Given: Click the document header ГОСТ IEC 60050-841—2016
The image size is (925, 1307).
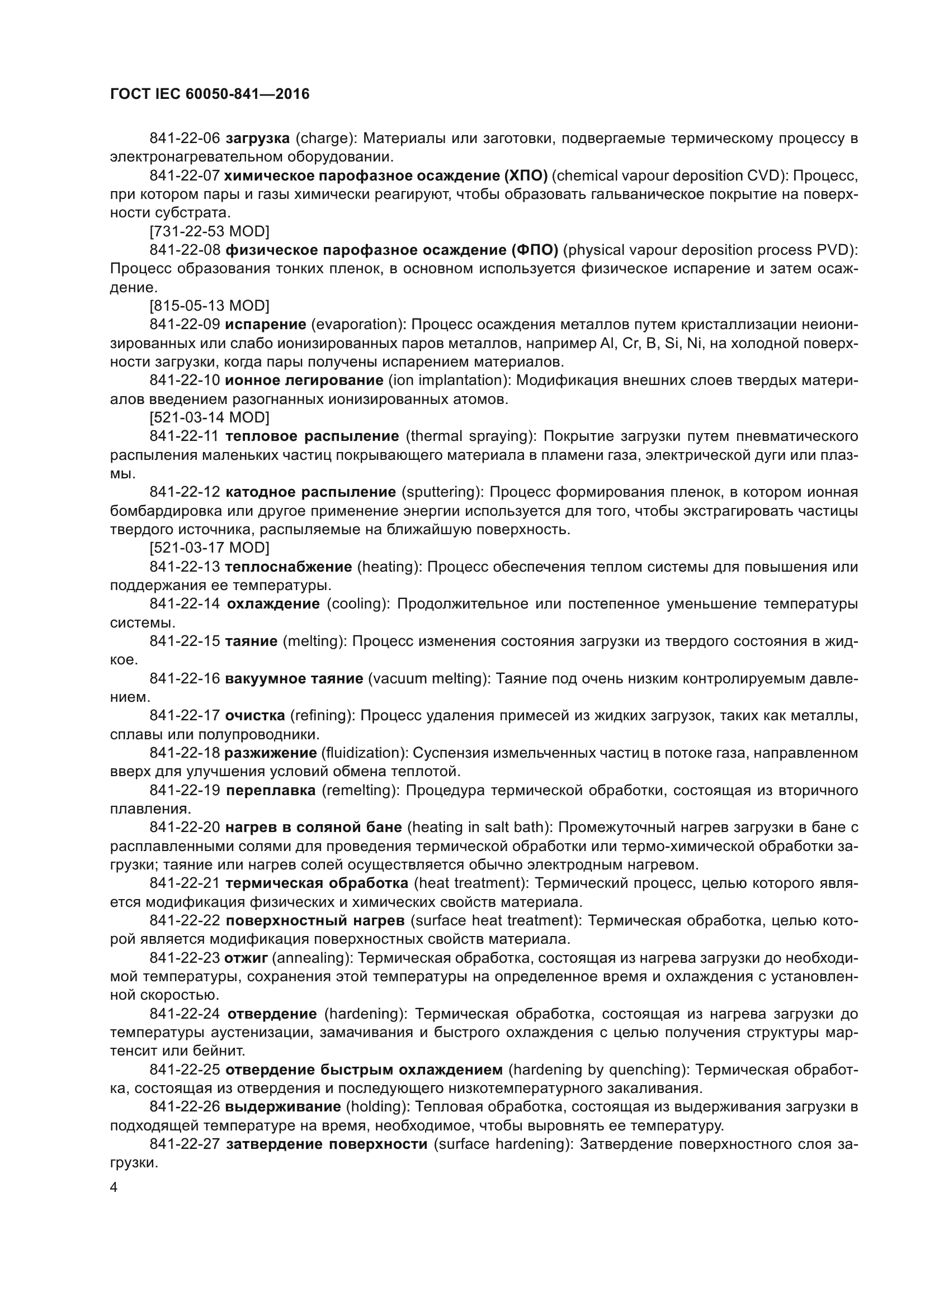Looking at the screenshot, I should click(210, 94).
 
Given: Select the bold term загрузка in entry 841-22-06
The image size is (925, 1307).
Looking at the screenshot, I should click(257, 139).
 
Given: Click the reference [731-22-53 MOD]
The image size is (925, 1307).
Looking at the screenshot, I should click(209, 231).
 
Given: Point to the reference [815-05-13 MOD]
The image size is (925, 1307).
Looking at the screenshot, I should click(209, 306).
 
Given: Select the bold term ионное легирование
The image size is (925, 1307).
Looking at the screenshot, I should click(304, 381).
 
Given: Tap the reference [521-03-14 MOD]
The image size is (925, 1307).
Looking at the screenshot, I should click(209, 417).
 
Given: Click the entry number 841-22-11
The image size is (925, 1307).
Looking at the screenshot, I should click(185, 436).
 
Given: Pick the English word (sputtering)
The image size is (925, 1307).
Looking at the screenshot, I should click(442, 492).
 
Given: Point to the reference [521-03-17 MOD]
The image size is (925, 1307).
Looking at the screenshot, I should click(209, 548).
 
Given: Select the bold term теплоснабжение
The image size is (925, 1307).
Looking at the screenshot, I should click(288, 567).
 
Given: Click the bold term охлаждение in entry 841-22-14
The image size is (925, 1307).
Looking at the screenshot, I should click(273, 603).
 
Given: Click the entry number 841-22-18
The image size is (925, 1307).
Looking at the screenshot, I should click(185, 753).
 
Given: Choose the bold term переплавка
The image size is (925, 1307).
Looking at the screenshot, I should click(271, 790).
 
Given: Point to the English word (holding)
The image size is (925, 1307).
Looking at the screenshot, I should click(377, 1106).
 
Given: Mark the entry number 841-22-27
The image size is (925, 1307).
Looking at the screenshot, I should click(185, 1144).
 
